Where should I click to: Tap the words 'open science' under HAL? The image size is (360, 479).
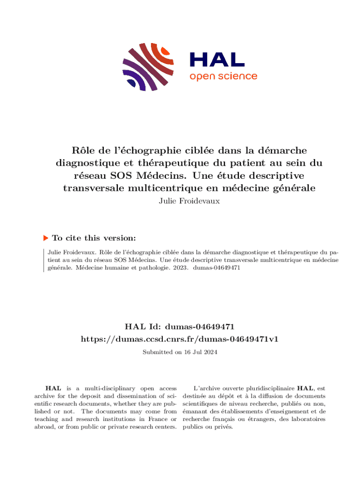223,76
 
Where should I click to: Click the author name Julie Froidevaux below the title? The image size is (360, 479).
180,202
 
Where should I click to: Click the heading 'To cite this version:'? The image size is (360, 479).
94,238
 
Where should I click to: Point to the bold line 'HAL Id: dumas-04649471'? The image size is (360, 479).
180,326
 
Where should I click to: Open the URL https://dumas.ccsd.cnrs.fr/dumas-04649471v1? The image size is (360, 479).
180,339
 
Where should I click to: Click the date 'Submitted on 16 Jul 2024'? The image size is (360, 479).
180,352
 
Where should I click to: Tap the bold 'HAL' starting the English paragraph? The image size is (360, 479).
51,388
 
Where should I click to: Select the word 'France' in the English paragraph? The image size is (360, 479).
148,412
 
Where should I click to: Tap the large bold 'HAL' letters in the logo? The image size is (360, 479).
216,59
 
